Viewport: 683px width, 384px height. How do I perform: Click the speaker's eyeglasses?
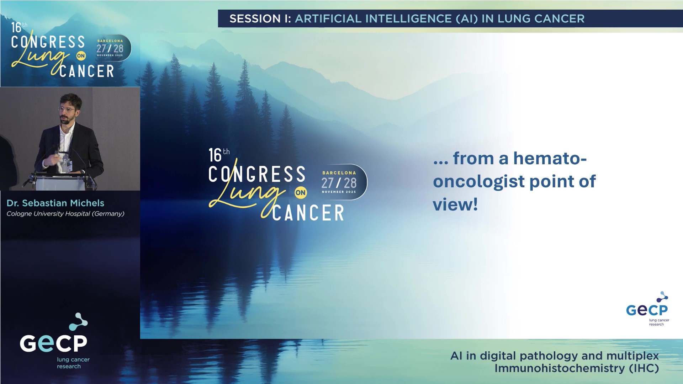pos(67,110)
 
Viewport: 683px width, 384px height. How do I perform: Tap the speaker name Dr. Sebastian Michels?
pos(55,203)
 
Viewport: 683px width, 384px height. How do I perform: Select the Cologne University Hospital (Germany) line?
pos(65,214)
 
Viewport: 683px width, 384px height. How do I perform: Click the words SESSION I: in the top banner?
pos(260,18)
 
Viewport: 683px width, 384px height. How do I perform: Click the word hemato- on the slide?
pos(550,158)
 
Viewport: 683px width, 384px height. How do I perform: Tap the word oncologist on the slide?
pos(479,182)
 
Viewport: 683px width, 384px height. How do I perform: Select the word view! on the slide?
pos(455,205)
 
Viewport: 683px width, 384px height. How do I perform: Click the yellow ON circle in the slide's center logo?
pos(301,193)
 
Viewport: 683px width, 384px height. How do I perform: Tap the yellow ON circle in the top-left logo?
pos(81,56)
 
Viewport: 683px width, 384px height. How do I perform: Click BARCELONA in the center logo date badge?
pos(339,173)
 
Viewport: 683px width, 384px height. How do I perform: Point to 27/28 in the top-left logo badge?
pos(110,48)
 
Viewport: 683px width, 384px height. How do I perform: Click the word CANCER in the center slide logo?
pos(308,213)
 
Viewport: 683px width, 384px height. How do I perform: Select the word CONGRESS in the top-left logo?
pos(48,42)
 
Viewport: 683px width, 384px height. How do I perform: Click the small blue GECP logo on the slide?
pos(647,309)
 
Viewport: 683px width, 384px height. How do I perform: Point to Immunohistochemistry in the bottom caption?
pos(559,368)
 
